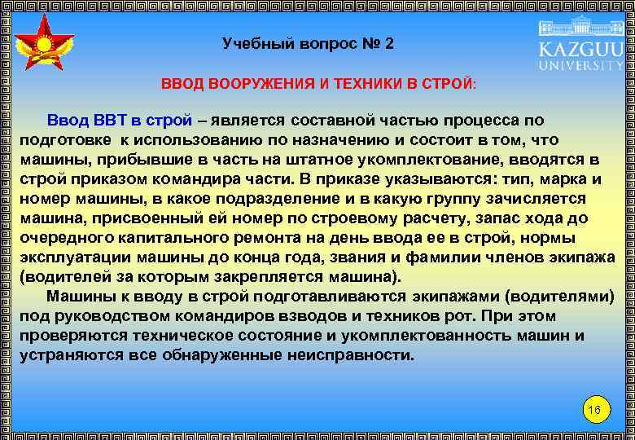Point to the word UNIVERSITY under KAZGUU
(x=580, y=67)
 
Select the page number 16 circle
(x=593, y=409)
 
